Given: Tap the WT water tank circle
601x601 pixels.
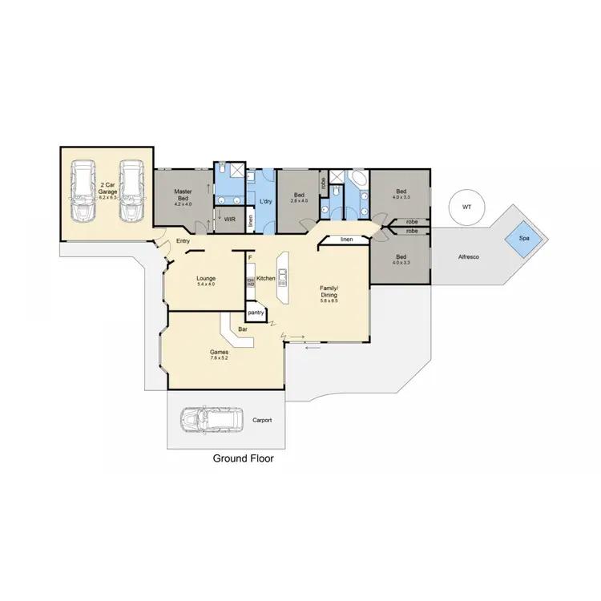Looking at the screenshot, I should click(x=466, y=207).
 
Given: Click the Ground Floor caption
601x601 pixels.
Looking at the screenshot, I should click(x=243, y=459).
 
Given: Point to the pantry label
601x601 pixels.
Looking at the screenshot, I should click(x=256, y=311).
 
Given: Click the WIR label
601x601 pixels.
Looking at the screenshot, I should click(x=229, y=219).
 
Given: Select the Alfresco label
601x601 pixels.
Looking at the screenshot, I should click(x=469, y=258).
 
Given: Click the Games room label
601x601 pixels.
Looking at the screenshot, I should click(x=220, y=353).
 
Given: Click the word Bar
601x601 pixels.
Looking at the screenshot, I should click(x=241, y=329).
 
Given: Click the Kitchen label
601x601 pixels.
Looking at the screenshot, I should click(x=266, y=278).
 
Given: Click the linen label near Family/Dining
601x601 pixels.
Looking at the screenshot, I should click(x=346, y=240).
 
